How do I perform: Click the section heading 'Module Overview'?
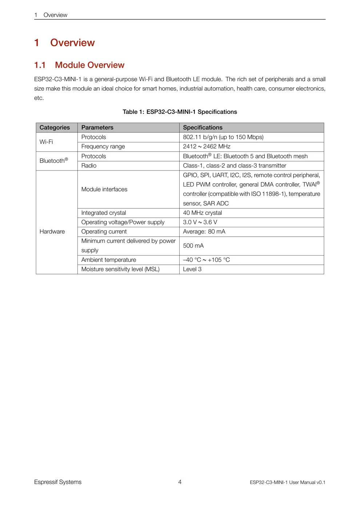(89, 65)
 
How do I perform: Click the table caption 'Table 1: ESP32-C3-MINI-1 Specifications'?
(180, 112)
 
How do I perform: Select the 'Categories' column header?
(55, 128)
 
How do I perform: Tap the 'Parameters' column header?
(97, 128)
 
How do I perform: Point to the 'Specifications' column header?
(203, 128)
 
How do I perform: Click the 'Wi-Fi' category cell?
(46, 142)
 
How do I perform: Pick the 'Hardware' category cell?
(52, 232)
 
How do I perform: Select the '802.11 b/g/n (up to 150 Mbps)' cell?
(223, 137)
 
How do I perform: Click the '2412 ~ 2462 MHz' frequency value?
(207, 147)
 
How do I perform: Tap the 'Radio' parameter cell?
(89, 166)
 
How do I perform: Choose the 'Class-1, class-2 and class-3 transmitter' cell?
(235, 166)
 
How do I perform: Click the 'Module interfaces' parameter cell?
(104, 189)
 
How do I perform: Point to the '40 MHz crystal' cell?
(202, 213)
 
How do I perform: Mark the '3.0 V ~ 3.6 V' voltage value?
(200, 223)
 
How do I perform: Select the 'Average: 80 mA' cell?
(204, 232)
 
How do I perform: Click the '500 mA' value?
(193, 246)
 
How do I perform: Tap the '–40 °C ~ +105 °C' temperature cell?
(206, 260)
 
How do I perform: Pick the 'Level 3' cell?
(192, 269)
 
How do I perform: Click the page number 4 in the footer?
(180, 482)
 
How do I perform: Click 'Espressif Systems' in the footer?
(58, 482)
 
